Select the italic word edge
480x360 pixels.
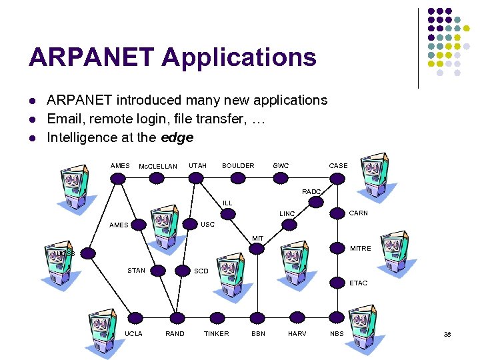(x=177, y=137)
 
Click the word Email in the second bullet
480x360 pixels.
(x=65, y=119)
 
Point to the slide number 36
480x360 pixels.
(x=448, y=333)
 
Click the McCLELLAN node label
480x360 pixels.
(x=157, y=166)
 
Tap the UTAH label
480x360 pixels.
(x=197, y=165)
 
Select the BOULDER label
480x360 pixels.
(x=238, y=165)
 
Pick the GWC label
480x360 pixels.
(x=281, y=165)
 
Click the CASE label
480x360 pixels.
(x=338, y=165)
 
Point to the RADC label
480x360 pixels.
(x=311, y=191)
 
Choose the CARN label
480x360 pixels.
(x=359, y=213)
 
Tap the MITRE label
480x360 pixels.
(x=361, y=249)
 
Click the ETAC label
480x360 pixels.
(x=359, y=283)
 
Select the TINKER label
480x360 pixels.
(x=216, y=333)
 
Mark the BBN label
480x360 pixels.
(x=258, y=333)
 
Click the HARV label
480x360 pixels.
(x=297, y=333)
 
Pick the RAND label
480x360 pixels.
(x=175, y=333)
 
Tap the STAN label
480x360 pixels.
(x=136, y=270)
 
